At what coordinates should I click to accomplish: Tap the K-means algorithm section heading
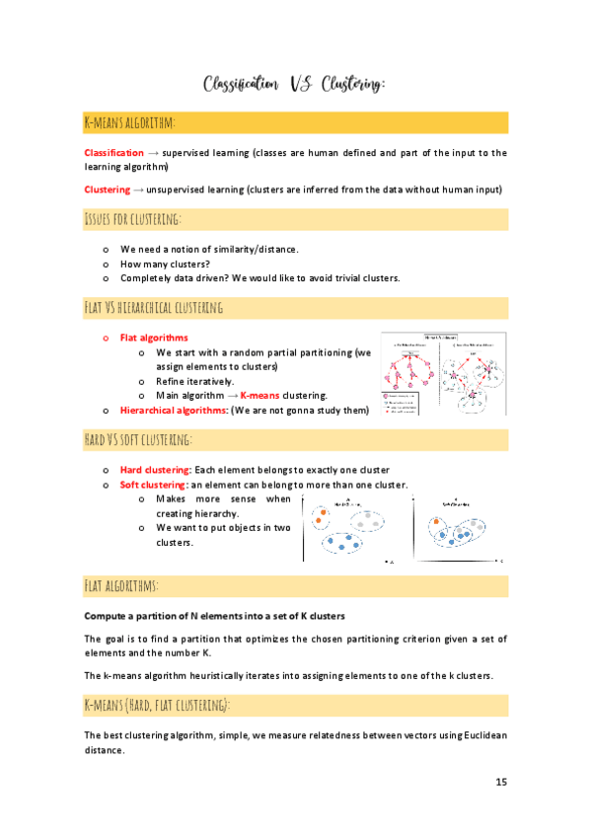130,122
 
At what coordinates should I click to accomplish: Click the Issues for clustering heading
133,217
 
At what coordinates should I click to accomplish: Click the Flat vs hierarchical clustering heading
154,308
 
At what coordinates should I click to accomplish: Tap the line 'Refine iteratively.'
195,381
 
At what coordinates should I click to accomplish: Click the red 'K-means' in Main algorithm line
260,395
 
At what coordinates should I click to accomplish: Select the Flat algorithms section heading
122,586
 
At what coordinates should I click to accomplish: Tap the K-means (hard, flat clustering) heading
158,705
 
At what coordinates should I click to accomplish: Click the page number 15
500,782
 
